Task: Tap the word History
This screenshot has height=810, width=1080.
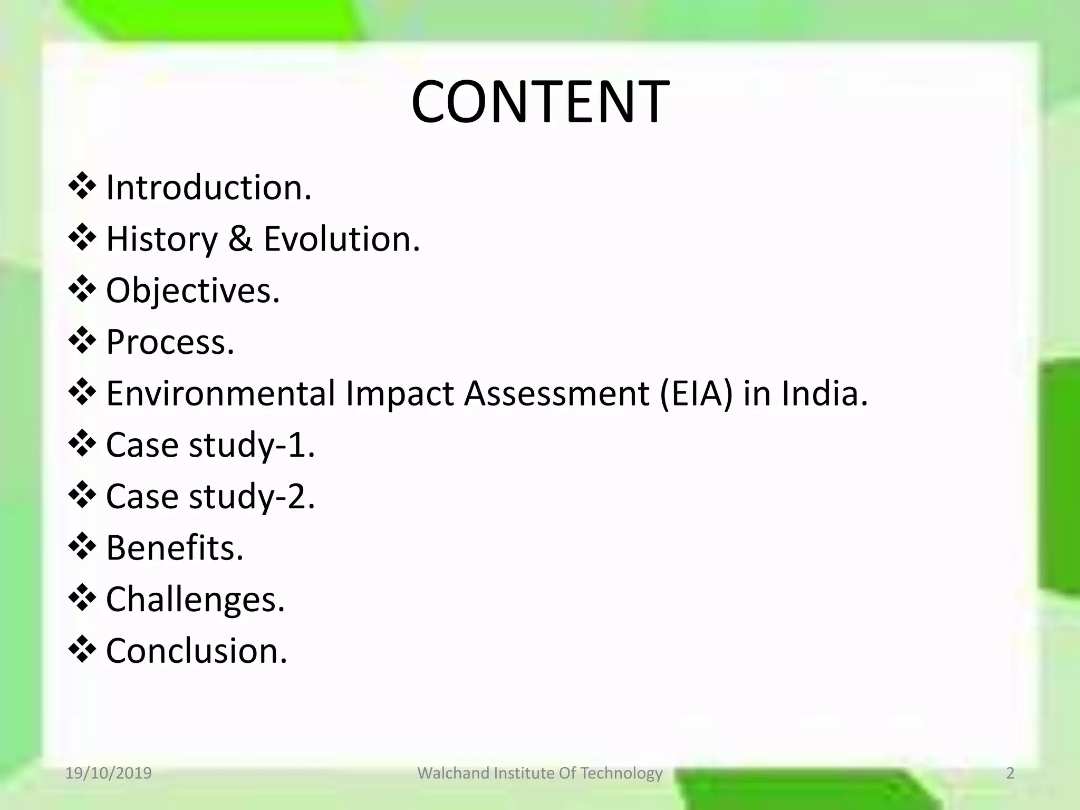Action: pos(162,239)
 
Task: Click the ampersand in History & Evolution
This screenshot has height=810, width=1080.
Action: pos(240,239)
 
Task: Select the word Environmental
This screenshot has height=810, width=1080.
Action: pos(221,394)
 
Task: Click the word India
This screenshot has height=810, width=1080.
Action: pos(824,394)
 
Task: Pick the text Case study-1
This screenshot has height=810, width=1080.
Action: pos(210,445)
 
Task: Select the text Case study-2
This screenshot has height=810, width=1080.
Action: pos(210,497)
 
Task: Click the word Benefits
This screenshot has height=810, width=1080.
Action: pos(175,548)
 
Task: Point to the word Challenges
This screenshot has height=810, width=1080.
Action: pos(195,600)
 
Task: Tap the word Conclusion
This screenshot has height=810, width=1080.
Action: pos(197,651)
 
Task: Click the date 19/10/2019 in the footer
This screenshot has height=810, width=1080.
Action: pos(108,773)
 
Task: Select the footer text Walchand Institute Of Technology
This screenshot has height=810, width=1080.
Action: pos(539,773)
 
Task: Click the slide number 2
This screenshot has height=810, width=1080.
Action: pos(1010,773)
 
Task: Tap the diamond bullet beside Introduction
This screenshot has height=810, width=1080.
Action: pos(82,188)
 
